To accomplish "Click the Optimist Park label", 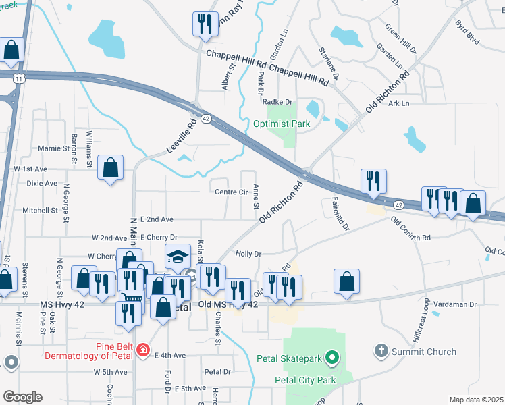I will click(282, 124).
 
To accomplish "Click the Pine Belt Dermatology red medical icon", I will click(142, 350).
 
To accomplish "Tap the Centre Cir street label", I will click(232, 192).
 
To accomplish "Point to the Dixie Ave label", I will click(41, 183).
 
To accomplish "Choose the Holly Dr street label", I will click(248, 254).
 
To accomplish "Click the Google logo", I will click(22, 397).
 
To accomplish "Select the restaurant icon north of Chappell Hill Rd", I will click(203, 24).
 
